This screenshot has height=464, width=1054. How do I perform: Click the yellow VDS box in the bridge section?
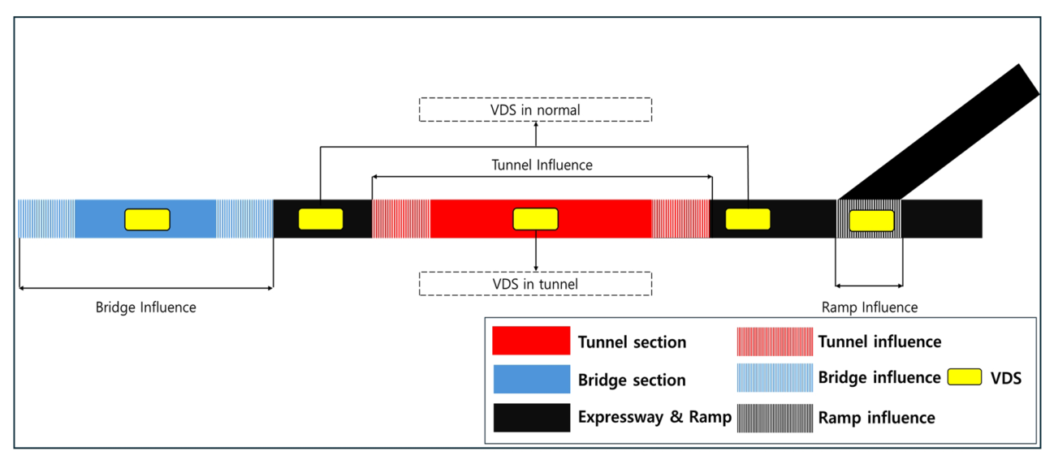click(147, 219)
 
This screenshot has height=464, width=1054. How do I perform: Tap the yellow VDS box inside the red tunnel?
click(535, 219)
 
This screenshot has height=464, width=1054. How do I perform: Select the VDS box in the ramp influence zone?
click(871, 220)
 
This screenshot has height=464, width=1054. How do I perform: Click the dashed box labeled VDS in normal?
click(535, 110)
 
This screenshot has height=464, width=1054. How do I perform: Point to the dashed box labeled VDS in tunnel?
click(535, 284)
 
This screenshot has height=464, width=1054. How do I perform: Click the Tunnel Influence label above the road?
click(542, 165)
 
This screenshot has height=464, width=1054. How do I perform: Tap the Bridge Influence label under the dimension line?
click(146, 307)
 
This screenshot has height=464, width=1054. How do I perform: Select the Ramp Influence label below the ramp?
click(870, 307)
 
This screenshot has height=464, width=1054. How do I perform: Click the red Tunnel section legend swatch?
click(531, 341)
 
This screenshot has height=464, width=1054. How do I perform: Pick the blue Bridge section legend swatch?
click(531, 379)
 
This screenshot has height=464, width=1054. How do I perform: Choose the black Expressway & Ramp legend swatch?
click(531, 417)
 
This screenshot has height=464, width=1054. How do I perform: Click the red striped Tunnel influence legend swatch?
click(775, 341)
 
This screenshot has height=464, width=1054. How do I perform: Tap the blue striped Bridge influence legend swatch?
click(775, 378)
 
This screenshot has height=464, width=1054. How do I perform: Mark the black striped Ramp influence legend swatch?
click(775, 417)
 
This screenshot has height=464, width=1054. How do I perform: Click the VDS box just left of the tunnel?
click(321, 219)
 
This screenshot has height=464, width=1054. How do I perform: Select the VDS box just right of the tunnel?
click(747, 219)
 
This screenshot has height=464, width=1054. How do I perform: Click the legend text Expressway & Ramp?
click(654, 418)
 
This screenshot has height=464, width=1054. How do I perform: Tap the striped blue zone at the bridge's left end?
click(46, 219)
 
